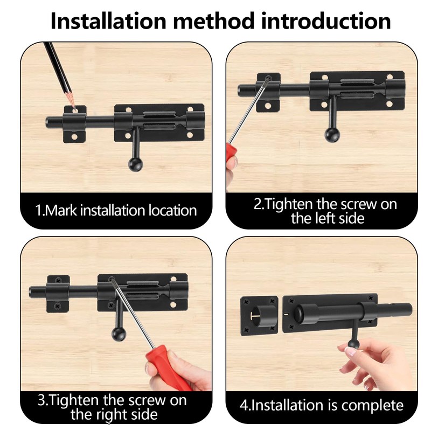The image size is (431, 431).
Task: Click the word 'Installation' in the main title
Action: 108,21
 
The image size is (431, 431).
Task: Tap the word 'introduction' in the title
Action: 326,21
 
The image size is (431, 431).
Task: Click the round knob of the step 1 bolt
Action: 136,164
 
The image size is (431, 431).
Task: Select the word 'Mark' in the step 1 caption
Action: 60,210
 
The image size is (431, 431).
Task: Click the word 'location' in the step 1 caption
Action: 172,210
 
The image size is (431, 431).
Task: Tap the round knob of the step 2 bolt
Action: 332,135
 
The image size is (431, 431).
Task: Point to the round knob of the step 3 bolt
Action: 119,334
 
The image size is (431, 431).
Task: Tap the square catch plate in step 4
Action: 259,316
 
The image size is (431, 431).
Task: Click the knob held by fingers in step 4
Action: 354,344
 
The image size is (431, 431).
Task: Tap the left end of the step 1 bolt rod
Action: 47,122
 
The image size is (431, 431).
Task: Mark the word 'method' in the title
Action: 213,21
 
